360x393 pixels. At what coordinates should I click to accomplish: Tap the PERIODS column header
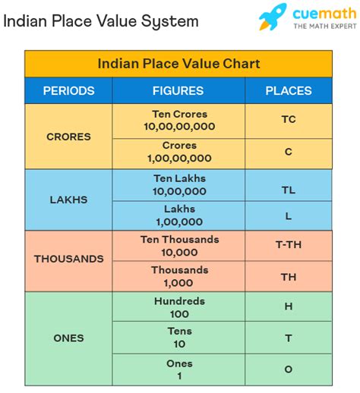pyautogui.click(x=68, y=90)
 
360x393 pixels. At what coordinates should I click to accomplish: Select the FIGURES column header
pyautogui.click(x=178, y=90)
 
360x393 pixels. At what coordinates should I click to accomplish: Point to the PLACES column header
pyautogui.click(x=288, y=90)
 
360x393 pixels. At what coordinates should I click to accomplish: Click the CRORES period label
pyautogui.click(x=68, y=137)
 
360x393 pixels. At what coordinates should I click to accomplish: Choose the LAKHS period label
pyautogui.click(x=68, y=200)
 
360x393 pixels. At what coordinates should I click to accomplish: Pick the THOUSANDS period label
pyautogui.click(x=68, y=259)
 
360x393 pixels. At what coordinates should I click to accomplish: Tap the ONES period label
pyautogui.click(x=68, y=338)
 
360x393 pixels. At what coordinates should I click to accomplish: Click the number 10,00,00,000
pyautogui.click(x=179, y=127)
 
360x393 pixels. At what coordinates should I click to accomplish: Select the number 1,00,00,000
pyautogui.click(x=179, y=158)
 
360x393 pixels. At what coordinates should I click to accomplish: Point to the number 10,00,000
pyautogui.click(x=179, y=191)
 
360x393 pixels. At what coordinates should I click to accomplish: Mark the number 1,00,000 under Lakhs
pyautogui.click(x=179, y=222)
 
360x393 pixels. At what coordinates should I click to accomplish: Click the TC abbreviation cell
pyautogui.click(x=289, y=120)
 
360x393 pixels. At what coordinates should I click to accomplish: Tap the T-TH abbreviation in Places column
pyautogui.click(x=289, y=246)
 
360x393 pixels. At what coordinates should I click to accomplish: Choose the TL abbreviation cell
pyautogui.click(x=289, y=184)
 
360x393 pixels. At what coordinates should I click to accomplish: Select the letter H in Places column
pyautogui.click(x=289, y=307)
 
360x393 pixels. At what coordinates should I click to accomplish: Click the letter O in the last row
pyautogui.click(x=289, y=369)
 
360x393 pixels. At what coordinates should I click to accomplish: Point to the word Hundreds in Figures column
pyautogui.click(x=179, y=301)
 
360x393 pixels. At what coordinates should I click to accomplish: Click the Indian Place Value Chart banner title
pyautogui.click(x=178, y=64)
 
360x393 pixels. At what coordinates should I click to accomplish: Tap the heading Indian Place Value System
pyautogui.click(x=101, y=20)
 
